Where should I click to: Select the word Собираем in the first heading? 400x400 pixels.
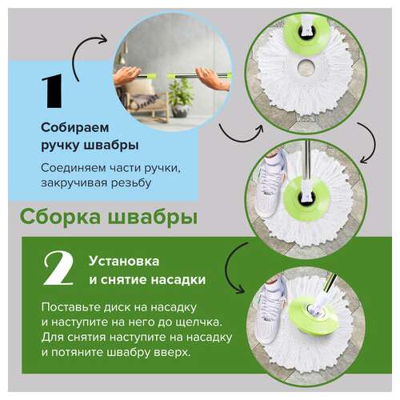tap(73, 129)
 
